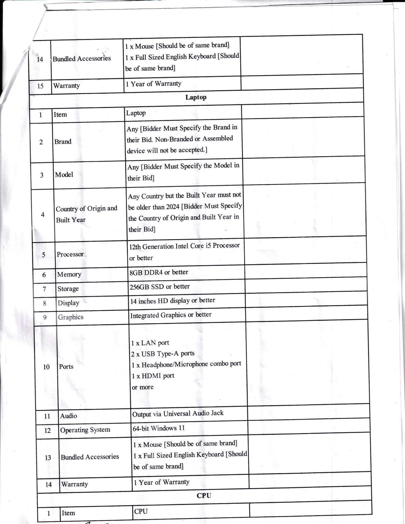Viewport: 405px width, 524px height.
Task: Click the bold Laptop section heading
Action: click(196, 97)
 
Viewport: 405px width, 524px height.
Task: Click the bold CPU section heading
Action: click(204, 495)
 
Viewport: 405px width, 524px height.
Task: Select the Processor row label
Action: click(70, 254)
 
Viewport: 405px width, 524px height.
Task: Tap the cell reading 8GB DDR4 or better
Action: click(159, 272)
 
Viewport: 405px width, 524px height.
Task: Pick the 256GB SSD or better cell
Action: click(159, 287)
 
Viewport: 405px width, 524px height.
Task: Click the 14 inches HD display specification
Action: click(172, 301)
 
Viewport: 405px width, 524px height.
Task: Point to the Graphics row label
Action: click(71, 317)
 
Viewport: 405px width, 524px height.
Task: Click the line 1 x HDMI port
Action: click(153, 376)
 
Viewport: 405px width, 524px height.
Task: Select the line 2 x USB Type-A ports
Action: click(163, 354)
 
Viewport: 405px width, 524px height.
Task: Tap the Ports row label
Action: click(66, 366)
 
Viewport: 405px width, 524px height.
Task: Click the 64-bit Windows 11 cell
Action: click(159, 428)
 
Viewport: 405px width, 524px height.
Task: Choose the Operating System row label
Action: click(85, 430)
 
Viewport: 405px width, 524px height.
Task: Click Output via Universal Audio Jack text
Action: click(178, 413)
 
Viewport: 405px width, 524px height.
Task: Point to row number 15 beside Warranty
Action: click(40, 86)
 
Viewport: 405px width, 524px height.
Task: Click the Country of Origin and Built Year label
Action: click(86, 214)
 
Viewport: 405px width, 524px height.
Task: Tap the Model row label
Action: click(64, 175)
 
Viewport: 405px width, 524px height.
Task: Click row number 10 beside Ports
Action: click(46, 367)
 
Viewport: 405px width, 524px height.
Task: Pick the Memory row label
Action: click(69, 274)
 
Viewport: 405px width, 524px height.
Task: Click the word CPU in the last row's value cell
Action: click(141, 511)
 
